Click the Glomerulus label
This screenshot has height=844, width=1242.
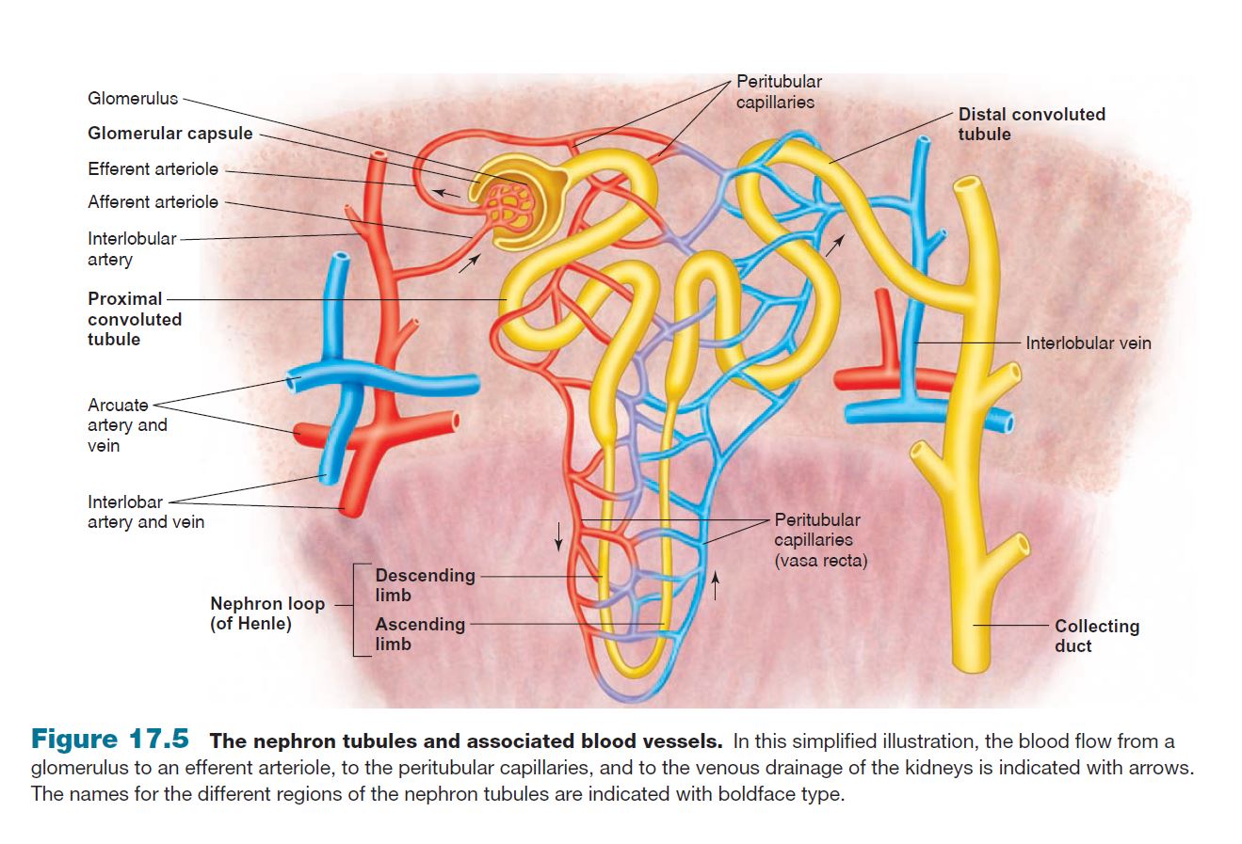point(133,98)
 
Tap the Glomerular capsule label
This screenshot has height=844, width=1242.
point(170,134)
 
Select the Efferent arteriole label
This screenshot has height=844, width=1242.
point(153,169)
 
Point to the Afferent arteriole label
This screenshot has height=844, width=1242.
point(153,202)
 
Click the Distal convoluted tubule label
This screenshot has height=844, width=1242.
point(1031,124)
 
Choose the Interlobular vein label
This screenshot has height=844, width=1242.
point(1088,343)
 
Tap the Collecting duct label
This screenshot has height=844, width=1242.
point(1096,636)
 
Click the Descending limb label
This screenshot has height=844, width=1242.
point(425,584)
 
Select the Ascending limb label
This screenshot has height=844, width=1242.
point(420,633)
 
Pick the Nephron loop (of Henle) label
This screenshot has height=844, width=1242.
point(266,613)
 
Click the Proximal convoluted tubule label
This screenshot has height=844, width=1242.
point(135,319)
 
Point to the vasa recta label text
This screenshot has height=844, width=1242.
point(820,561)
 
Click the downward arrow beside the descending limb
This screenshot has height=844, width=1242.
point(558,534)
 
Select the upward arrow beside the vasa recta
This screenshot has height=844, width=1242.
point(716,585)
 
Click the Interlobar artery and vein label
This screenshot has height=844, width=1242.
point(145,512)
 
